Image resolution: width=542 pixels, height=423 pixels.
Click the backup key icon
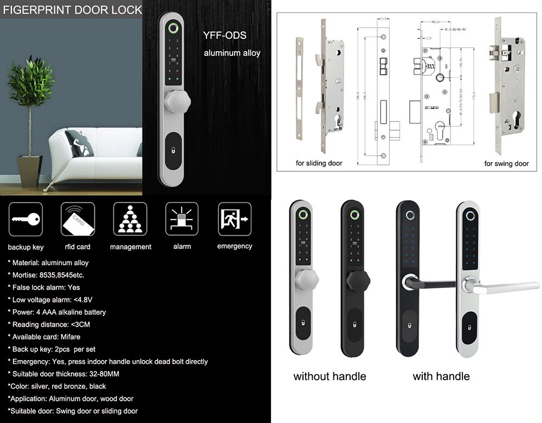(x=25, y=219)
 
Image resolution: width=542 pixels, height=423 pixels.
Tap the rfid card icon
(x=78, y=219)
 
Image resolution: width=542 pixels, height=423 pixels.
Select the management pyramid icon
(x=130, y=219)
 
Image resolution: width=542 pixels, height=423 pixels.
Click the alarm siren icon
(x=182, y=219)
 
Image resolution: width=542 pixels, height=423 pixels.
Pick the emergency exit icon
(x=234, y=219)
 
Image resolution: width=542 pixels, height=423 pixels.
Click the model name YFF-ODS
(x=224, y=36)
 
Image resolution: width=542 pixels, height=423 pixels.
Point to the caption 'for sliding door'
(x=319, y=163)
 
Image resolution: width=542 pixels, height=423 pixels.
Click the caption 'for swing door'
(x=506, y=163)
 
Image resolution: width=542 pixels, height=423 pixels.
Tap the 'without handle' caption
(x=330, y=376)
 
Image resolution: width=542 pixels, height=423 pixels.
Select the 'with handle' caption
(x=441, y=376)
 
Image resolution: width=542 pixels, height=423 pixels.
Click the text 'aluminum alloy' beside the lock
(x=232, y=53)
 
